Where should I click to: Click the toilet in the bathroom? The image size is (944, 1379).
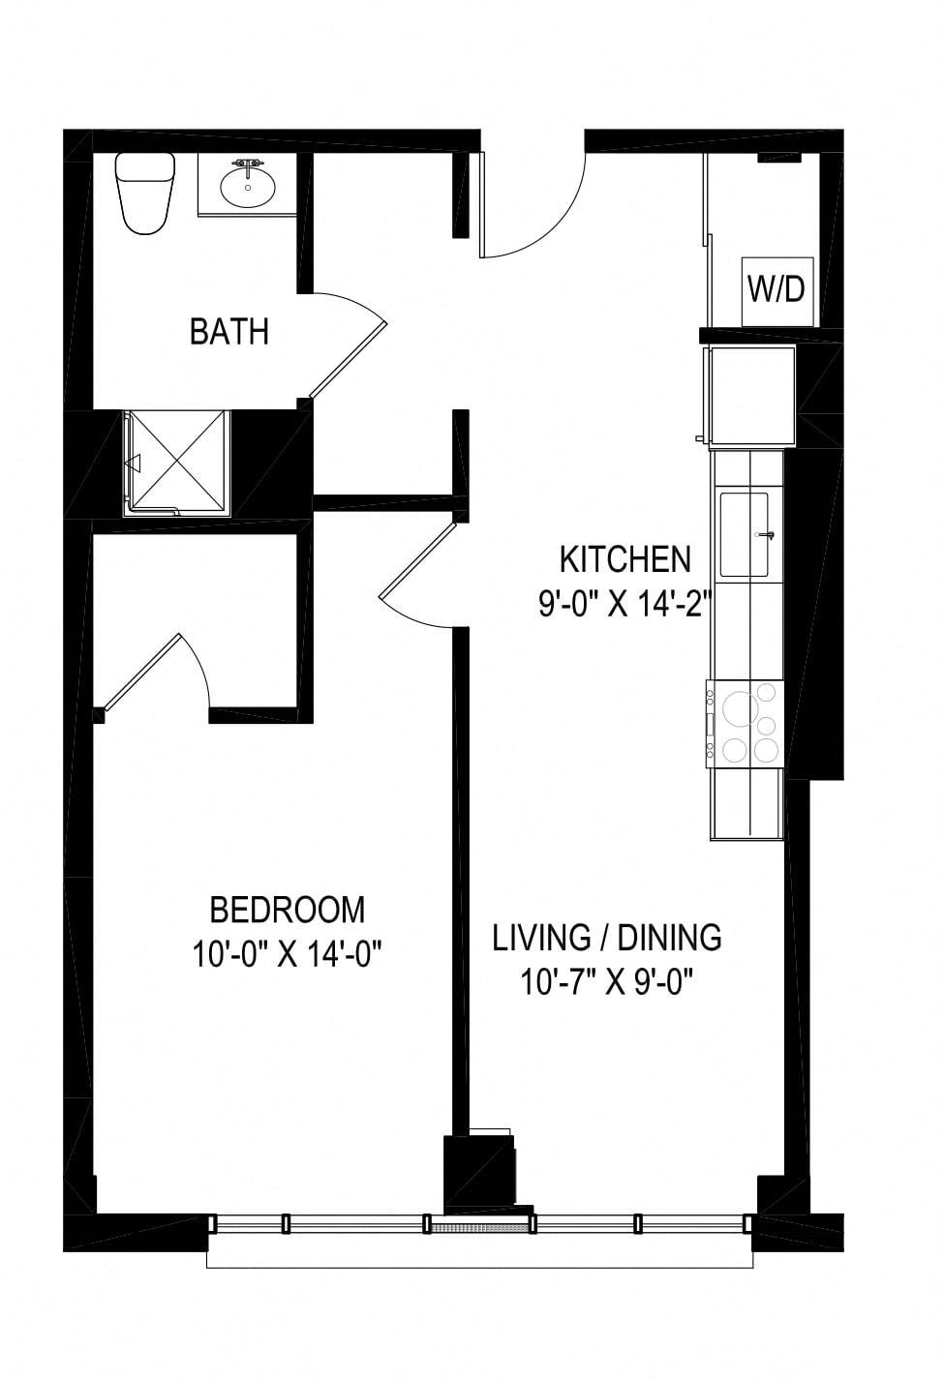pyautogui.click(x=145, y=193)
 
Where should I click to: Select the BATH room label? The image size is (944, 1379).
pyautogui.click(x=229, y=332)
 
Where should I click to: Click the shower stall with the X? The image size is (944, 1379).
pyautogui.click(x=177, y=463)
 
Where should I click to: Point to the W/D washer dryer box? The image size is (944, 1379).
pyautogui.click(x=777, y=291)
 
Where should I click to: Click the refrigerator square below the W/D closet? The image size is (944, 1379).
pyautogui.click(x=752, y=395)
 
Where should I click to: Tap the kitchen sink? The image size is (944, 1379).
pyautogui.click(x=745, y=534)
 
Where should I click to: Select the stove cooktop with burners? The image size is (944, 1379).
pyautogui.click(x=745, y=724)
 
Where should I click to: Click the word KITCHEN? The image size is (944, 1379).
pyautogui.click(x=624, y=559)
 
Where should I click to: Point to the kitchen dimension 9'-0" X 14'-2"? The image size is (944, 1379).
pyautogui.click(x=624, y=606)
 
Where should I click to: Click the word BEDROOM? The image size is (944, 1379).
pyautogui.click(x=288, y=910)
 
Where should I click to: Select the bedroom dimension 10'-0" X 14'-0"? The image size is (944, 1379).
pyautogui.click(x=288, y=955)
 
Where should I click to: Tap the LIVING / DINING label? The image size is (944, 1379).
pyautogui.click(x=606, y=938)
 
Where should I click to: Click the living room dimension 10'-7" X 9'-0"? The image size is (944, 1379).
pyautogui.click(x=606, y=983)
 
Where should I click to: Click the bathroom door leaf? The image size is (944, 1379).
pyautogui.click(x=348, y=360)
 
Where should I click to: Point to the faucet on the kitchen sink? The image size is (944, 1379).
pyautogui.click(x=766, y=535)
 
